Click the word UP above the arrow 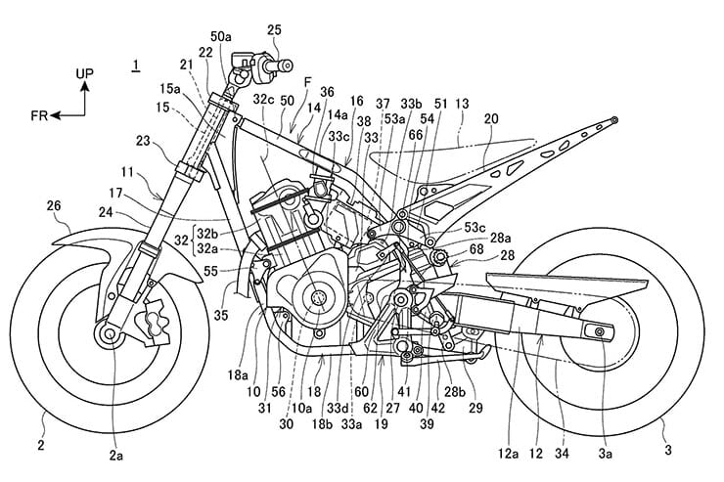click(87, 73)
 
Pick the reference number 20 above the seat click(490, 118)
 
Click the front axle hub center click(106, 336)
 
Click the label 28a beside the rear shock click(473, 237)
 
